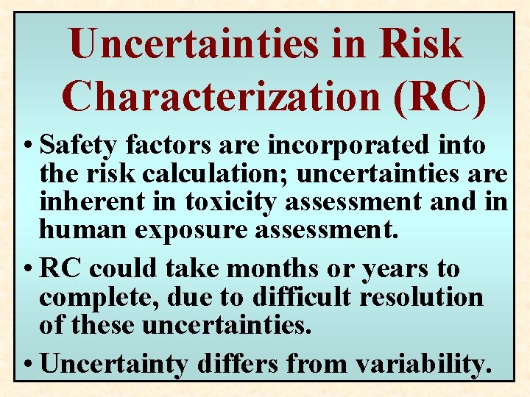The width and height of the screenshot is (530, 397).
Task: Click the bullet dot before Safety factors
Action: [x=28, y=146]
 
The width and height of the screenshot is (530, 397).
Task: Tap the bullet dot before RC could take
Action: [x=28, y=269]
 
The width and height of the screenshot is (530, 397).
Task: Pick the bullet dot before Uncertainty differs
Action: [x=28, y=363]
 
